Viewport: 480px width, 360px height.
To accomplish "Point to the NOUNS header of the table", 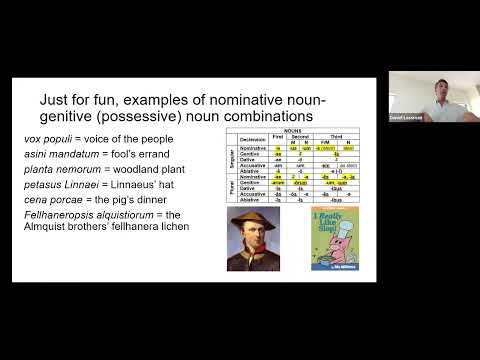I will coord(296,130).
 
